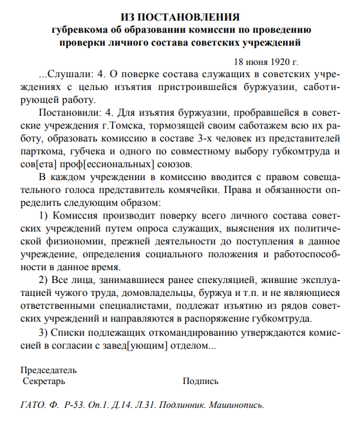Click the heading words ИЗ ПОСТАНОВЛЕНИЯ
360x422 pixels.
180,16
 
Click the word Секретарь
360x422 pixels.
44,381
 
